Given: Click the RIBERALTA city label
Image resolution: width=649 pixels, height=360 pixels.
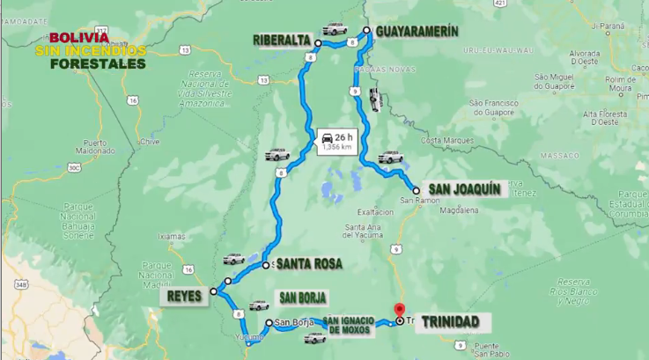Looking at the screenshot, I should (282, 40).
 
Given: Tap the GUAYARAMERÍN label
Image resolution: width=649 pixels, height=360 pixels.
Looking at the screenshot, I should (417, 32).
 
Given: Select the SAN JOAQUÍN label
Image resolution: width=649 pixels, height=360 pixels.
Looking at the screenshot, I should (465, 189).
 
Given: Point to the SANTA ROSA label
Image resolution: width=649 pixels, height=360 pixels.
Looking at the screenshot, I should (309, 263).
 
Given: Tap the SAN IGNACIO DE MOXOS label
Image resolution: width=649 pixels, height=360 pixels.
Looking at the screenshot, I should (348, 324).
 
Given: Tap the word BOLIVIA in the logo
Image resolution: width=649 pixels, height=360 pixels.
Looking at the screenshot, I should (79, 38).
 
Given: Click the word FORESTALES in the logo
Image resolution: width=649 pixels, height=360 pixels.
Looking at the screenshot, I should (98, 63).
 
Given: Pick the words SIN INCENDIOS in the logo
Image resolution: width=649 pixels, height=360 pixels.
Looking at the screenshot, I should (90, 51).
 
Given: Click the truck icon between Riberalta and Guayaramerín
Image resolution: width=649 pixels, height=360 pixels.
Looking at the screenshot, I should (334, 29).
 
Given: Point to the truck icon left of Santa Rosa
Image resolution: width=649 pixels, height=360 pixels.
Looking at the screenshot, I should (233, 259).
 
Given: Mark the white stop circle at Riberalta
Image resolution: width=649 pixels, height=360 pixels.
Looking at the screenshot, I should (318, 42).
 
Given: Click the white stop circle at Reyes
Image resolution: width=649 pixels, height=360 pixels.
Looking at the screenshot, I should (213, 291).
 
